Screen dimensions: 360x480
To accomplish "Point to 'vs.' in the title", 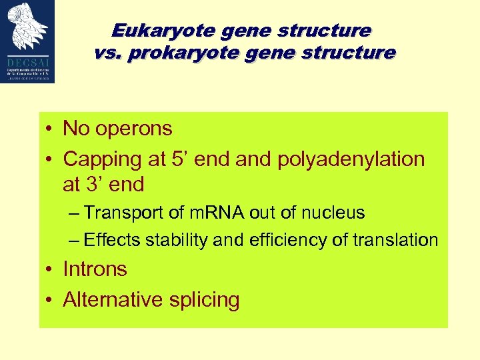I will point(107,53).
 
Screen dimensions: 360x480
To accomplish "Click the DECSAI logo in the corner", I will point(27,41).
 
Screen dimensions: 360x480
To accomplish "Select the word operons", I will point(134,129).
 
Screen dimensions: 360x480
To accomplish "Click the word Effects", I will point(110,240).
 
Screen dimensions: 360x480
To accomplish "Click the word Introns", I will point(95,269).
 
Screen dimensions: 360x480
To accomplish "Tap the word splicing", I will point(206,300).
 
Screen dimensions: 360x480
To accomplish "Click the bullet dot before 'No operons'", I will point(50,129).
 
